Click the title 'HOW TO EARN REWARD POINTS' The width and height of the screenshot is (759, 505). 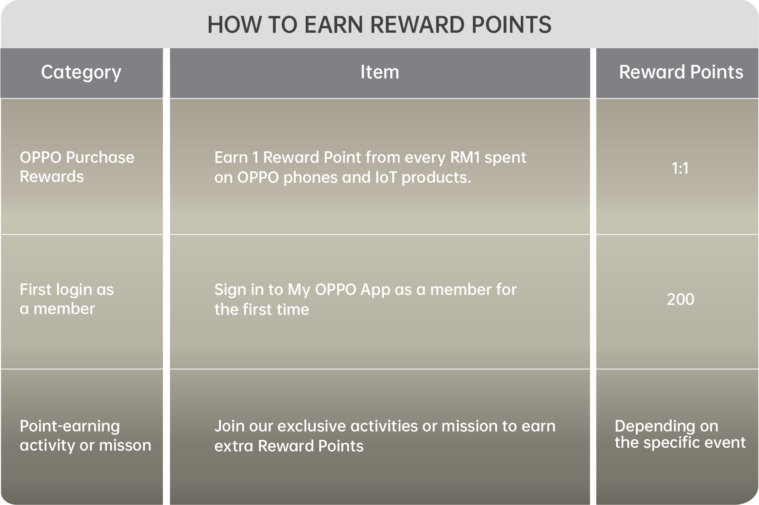379,25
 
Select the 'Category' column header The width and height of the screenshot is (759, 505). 81,72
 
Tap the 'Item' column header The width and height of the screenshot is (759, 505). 379,72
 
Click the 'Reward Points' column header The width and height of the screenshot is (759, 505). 681,72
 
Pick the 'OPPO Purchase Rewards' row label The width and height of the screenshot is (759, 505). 77,167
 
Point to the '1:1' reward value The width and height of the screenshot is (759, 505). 680,168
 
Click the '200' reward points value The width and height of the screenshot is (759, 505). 680,299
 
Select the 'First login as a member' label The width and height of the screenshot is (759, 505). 67,299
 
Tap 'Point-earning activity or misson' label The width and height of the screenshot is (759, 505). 85,436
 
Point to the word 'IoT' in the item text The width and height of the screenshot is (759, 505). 386,178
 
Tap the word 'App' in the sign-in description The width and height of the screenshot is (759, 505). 375,290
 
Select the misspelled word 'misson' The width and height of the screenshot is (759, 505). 125,446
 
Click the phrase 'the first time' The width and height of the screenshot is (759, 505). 262,310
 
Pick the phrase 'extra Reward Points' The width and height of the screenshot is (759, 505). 289,446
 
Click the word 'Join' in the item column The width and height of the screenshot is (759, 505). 229,426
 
